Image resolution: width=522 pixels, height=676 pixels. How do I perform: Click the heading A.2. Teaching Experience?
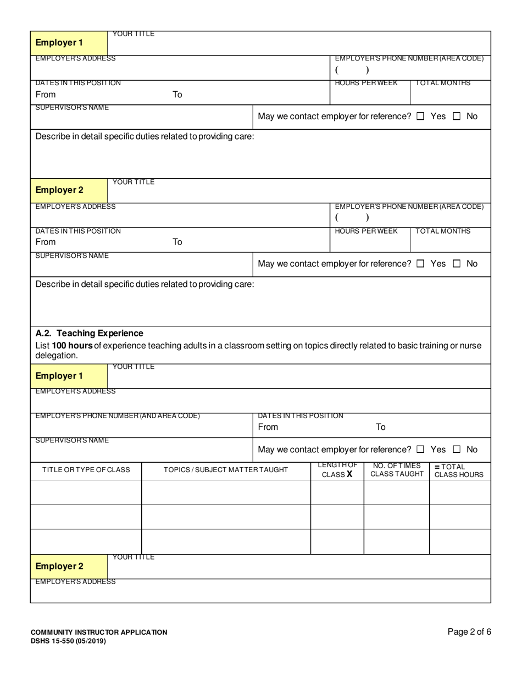[x=89, y=333]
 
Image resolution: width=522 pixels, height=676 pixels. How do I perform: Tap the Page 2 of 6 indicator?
[x=469, y=631]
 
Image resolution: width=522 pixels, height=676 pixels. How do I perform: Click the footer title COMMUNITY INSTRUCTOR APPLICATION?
[x=99, y=632]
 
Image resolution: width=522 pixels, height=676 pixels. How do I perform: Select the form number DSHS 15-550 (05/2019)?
[x=68, y=641]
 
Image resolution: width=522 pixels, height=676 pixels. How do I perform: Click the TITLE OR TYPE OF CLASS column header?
[x=86, y=469]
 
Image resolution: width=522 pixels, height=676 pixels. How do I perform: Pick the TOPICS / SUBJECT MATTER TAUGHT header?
[x=226, y=469]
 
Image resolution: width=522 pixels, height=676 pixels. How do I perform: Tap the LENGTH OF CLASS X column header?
[x=337, y=470]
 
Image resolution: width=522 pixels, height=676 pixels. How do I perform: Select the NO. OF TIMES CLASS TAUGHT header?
[x=397, y=470]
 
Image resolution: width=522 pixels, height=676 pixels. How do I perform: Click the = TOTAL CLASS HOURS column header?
[x=458, y=471]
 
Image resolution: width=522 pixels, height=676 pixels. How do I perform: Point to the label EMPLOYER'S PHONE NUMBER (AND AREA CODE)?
[x=118, y=416]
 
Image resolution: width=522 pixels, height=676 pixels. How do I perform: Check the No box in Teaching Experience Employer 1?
[x=457, y=450]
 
